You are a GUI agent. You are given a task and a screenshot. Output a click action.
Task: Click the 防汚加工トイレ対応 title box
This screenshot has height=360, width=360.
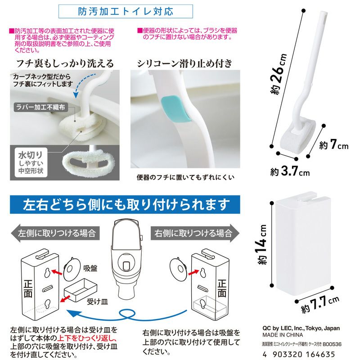click(126, 11)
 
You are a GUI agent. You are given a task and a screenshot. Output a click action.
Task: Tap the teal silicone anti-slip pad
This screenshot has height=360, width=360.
click(176, 109)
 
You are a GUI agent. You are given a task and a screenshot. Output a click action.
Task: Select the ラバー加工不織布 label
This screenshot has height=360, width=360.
click(40, 107)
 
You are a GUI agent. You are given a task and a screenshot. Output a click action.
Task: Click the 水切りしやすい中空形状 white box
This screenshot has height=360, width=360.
click(31, 162)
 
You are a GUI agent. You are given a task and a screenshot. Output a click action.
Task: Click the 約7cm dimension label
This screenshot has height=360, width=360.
click(334, 144)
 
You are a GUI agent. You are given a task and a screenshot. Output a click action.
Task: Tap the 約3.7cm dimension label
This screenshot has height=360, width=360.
click(290, 171)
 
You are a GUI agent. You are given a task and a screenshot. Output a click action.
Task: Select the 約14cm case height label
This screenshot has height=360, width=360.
click(262, 244)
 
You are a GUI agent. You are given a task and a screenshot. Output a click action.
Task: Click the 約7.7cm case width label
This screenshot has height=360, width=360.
click(320, 304)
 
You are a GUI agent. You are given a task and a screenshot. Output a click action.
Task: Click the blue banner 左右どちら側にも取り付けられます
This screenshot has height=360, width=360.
click(125, 205)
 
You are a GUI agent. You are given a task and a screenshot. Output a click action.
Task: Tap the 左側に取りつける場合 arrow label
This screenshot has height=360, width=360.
click(55, 233)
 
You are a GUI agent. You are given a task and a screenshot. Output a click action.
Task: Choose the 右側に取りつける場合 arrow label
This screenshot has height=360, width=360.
click(195, 233)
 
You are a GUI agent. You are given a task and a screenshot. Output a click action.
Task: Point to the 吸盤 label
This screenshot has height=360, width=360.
click(90, 268)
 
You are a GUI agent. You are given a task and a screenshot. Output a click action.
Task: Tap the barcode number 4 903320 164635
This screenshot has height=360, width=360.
click(299, 354)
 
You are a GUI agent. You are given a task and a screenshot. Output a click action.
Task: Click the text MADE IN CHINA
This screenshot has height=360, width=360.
click(283, 335)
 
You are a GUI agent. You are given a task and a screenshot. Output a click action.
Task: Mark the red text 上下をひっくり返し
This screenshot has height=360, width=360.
click(87, 338)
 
